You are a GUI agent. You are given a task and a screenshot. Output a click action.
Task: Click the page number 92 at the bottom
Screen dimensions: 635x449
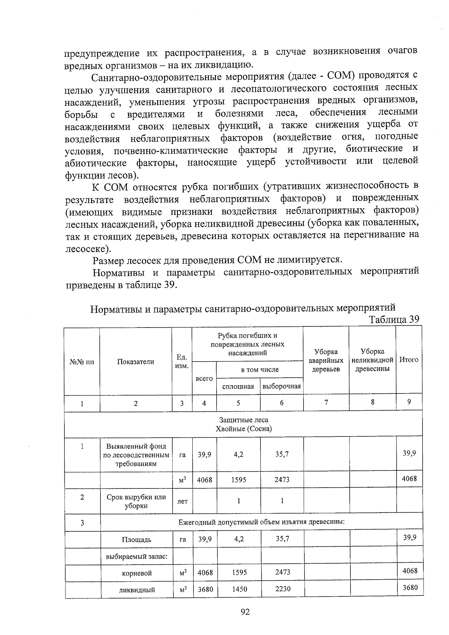click(245, 612)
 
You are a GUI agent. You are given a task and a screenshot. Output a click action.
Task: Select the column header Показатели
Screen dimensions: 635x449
click(135, 362)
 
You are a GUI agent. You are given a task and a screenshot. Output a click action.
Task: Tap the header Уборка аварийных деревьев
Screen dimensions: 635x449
click(326, 361)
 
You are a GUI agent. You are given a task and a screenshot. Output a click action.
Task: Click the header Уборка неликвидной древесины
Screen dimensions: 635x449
click(372, 360)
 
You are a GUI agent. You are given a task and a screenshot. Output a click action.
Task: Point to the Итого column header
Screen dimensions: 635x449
click(409, 360)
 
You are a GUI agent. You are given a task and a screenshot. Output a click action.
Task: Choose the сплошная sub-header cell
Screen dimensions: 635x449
click(238, 387)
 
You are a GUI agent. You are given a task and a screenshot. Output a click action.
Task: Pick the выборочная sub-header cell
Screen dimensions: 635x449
click(281, 386)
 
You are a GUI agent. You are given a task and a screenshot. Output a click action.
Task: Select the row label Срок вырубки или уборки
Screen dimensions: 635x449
click(136, 501)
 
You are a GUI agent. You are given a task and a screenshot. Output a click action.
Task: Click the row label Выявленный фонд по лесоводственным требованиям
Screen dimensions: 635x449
click(136, 455)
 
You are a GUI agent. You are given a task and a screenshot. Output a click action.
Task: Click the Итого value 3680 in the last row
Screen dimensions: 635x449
click(409, 588)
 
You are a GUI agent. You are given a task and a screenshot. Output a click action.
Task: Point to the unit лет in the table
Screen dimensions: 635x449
click(182, 501)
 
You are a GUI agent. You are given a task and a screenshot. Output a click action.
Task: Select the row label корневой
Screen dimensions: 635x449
click(137, 573)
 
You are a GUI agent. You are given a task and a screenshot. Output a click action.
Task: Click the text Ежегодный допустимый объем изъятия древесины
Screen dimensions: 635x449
click(261, 522)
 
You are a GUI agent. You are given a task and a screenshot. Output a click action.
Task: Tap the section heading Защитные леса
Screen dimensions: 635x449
click(244, 420)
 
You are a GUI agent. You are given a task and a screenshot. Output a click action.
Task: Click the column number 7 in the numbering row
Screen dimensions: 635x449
click(326, 402)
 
